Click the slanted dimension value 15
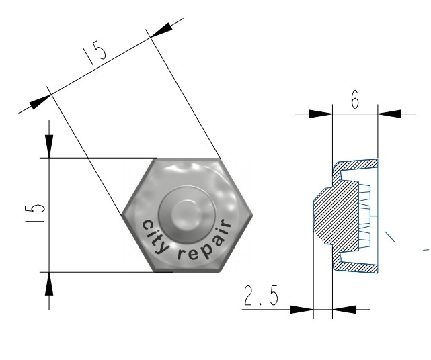95,52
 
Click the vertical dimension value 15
35,213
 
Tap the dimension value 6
355,99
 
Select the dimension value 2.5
261,296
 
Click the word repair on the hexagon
206,242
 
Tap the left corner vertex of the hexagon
122,216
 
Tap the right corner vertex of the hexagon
251,216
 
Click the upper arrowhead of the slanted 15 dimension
161,30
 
